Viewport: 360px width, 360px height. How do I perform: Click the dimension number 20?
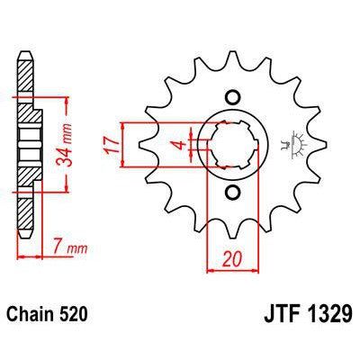tap(230, 259)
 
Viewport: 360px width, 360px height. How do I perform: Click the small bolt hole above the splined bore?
tap(232, 98)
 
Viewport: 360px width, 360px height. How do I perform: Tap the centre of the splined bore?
tap(232, 144)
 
